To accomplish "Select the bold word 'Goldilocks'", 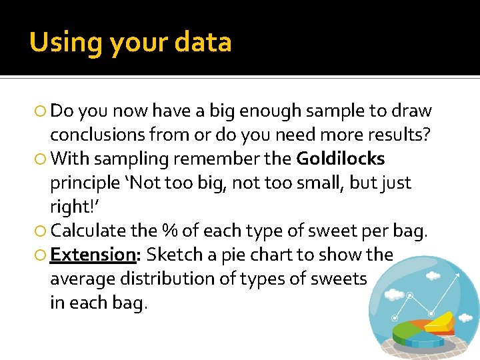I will tap(341, 159).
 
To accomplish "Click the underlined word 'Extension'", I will tap(93, 255).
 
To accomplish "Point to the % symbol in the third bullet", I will tap(169, 231).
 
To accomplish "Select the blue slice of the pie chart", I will tap(423, 341).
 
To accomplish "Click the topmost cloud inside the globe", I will tap(433, 275).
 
